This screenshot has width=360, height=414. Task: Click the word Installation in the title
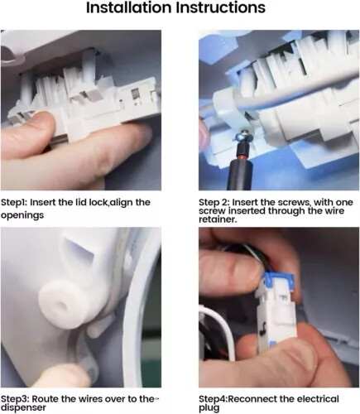[x=128, y=7]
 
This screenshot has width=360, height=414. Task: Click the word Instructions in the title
[x=221, y=7]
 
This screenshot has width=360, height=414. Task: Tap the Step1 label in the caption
[x=14, y=203]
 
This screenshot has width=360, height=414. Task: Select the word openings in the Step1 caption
[x=22, y=215]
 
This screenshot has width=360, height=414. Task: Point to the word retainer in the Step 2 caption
[x=217, y=219]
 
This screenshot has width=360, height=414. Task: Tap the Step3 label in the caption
[x=15, y=399]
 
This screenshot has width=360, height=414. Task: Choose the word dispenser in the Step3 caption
[x=23, y=407]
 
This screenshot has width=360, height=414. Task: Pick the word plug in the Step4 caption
[x=209, y=408]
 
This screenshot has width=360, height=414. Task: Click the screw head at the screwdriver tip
[x=242, y=135]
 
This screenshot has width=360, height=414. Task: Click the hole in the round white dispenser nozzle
[x=61, y=306]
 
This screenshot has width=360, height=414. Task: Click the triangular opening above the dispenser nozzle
[x=80, y=248]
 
